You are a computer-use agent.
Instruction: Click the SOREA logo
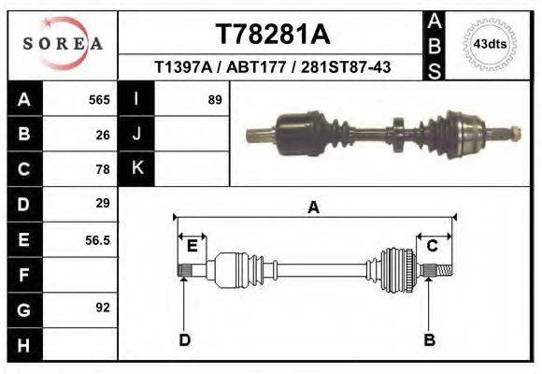click(x=62, y=43)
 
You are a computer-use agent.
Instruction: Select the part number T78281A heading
click(x=272, y=35)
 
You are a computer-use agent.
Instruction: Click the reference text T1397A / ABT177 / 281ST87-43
click(x=272, y=67)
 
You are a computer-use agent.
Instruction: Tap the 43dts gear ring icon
click(x=490, y=43)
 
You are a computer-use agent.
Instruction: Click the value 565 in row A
click(x=99, y=99)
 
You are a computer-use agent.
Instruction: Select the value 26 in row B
click(x=103, y=134)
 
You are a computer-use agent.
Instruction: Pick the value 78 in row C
click(x=103, y=169)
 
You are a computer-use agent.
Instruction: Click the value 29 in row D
click(x=103, y=203)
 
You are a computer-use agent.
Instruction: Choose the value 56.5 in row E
click(x=97, y=239)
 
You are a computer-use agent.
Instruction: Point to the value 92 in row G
click(x=103, y=307)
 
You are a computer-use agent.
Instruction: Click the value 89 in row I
click(x=214, y=99)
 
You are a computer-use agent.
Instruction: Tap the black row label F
click(x=23, y=275)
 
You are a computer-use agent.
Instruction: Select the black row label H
click(x=23, y=344)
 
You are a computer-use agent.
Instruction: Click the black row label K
click(x=136, y=168)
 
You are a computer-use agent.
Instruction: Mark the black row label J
click(x=136, y=134)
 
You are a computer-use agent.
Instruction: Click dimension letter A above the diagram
click(x=314, y=208)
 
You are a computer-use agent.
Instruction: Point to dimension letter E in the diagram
click(x=192, y=246)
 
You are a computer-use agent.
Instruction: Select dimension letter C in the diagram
click(x=433, y=246)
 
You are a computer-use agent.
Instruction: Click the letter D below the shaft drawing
click(x=184, y=339)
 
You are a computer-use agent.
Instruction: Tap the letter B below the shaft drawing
click(x=430, y=339)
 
